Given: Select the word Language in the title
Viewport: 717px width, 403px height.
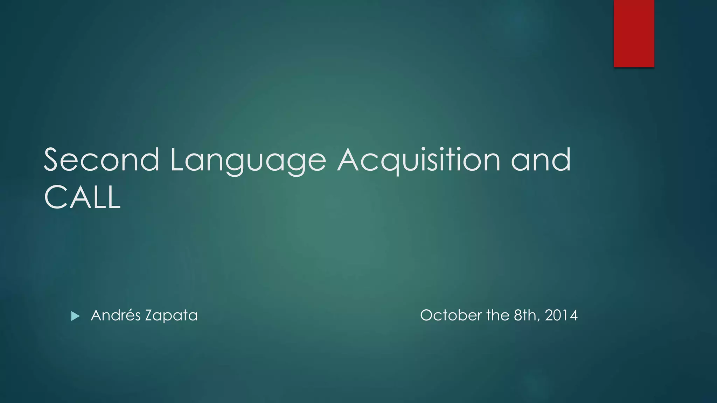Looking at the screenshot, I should [x=248, y=161].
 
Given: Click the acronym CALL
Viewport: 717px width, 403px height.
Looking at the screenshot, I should [x=82, y=197].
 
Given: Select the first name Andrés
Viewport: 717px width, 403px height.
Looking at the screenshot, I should [x=116, y=315].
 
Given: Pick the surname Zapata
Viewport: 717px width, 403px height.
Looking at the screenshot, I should [x=171, y=316].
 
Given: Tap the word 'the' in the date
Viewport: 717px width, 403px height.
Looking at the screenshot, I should [x=497, y=315].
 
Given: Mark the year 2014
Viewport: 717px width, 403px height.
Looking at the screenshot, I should [x=561, y=315].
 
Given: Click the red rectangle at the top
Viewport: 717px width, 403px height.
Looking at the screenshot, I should [x=634, y=33].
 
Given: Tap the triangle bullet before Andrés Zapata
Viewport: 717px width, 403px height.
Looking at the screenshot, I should [x=75, y=316].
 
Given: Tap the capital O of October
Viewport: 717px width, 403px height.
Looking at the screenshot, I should [x=427, y=315].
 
